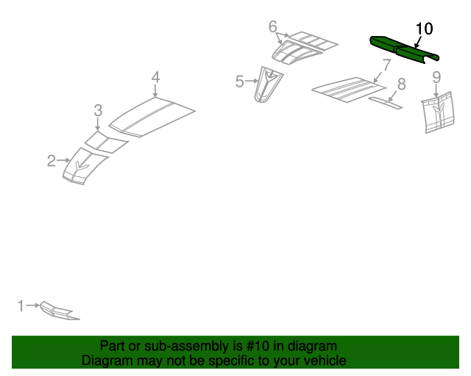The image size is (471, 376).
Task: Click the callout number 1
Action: (x=21, y=305)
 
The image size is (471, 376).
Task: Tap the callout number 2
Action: (x=52, y=161)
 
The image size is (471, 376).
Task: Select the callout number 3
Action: (x=98, y=110)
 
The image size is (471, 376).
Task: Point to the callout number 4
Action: (x=155, y=77)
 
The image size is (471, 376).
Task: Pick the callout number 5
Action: (x=239, y=82)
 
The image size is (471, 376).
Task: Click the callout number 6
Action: (x=272, y=26)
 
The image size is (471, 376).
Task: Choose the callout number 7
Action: (x=386, y=65)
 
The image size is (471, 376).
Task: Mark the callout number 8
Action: (x=402, y=84)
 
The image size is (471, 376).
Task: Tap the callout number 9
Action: (x=436, y=77)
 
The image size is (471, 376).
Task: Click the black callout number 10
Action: (x=424, y=29)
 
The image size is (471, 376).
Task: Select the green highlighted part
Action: (x=404, y=50)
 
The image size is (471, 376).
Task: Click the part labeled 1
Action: (x=59, y=311)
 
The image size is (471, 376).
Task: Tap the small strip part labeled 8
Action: (x=386, y=103)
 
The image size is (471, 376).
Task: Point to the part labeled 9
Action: (x=438, y=112)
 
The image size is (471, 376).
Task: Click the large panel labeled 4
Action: (x=152, y=117)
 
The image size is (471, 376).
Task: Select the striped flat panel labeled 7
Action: (x=348, y=90)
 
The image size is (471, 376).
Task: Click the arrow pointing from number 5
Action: (x=252, y=81)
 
